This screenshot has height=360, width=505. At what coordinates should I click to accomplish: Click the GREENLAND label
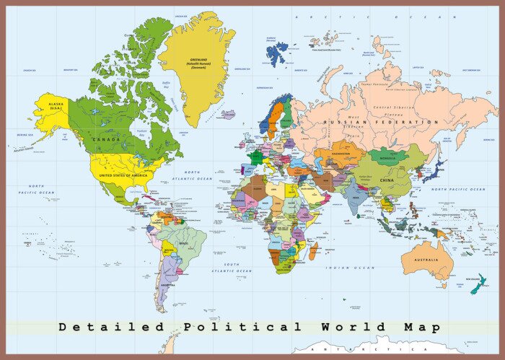coord(197,62)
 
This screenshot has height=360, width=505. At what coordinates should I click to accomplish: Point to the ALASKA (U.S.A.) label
coord(56,106)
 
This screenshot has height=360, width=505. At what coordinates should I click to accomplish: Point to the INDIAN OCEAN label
coord(351,268)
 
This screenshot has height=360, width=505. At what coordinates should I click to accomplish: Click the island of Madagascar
coord(314,250)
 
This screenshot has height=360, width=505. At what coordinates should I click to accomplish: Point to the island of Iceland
coord(229,114)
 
